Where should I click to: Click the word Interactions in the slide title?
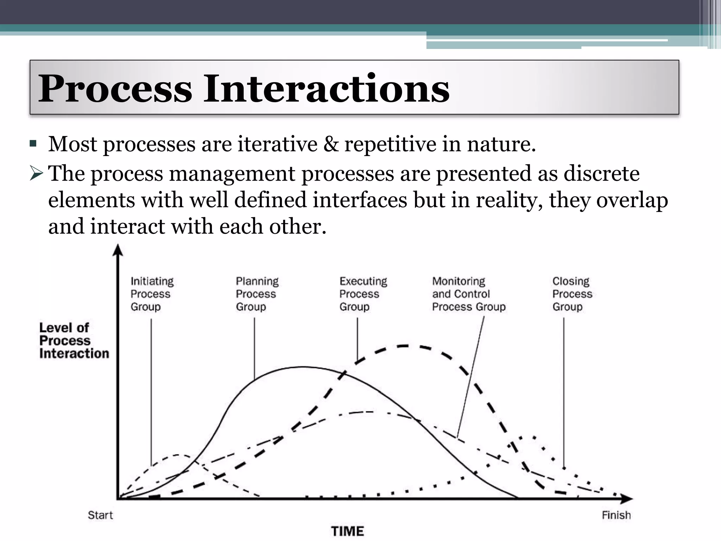click(x=326, y=88)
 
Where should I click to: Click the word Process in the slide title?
click(x=115, y=88)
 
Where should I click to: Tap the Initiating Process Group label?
click(x=152, y=294)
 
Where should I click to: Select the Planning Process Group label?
click(x=257, y=294)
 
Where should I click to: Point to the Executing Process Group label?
click(x=363, y=294)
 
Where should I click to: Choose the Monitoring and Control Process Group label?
click(x=469, y=294)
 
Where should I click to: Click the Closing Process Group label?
click(x=572, y=294)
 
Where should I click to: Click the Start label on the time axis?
click(x=100, y=515)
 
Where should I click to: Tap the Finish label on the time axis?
click(x=616, y=515)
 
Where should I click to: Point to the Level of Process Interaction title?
click(x=74, y=341)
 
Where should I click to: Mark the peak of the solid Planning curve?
click(x=303, y=367)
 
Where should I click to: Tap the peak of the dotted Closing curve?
click(x=525, y=437)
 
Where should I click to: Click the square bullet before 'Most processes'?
click(x=33, y=144)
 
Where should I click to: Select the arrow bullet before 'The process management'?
click(x=36, y=174)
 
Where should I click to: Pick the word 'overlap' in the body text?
click(x=632, y=200)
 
